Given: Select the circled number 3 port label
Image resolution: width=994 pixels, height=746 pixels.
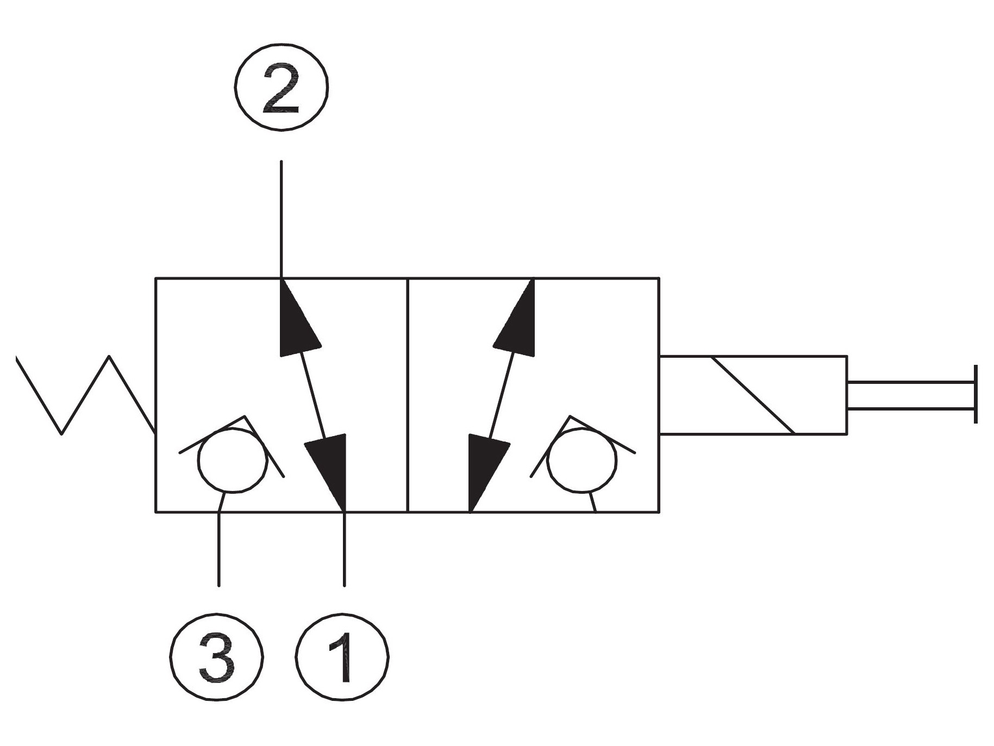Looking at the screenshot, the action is [217, 656].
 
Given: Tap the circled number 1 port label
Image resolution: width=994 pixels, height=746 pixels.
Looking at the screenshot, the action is [343, 656].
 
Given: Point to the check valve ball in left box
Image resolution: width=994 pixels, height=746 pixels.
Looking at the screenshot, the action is [233, 459].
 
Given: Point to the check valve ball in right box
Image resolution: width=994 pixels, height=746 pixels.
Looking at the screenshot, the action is [583, 459].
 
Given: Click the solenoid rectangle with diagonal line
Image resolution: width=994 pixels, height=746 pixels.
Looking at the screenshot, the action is [753, 395].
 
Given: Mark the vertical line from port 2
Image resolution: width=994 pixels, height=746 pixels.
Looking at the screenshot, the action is [281, 219].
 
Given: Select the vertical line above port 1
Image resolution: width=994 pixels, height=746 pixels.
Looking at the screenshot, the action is [344, 549].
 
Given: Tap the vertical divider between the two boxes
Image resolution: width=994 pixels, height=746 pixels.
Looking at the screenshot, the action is [407, 395].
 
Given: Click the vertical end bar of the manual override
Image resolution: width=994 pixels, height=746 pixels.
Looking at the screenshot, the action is [976, 394].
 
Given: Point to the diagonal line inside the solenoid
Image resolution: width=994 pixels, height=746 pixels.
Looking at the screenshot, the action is [753, 395].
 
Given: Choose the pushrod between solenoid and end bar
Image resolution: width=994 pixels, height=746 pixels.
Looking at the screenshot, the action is [910, 395].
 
